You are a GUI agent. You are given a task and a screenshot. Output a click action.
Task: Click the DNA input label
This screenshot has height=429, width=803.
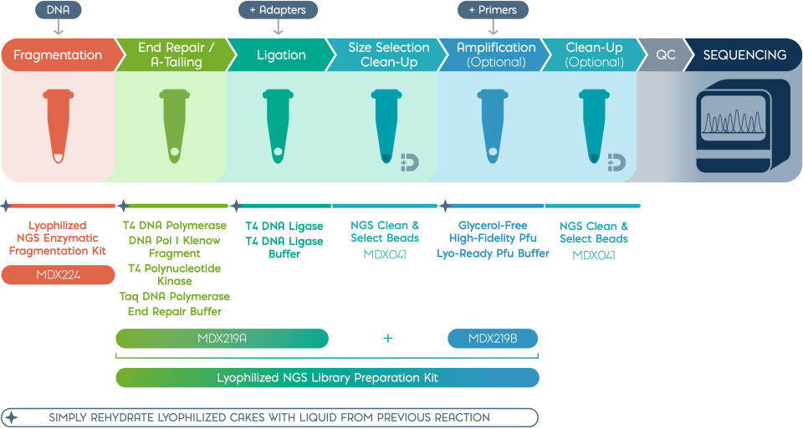pyautogui.click(x=58, y=10)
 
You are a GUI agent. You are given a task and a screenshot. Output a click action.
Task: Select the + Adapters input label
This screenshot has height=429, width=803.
pyautogui.click(x=278, y=10)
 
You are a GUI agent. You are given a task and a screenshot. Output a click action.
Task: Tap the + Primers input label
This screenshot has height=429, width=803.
pyautogui.click(x=493, y=10)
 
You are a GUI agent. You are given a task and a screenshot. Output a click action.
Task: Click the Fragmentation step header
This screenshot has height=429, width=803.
pyautogui.click(x=58, y=55)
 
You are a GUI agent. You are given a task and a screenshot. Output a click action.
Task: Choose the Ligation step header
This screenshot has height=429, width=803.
pyautogui.click(x=281, y=55)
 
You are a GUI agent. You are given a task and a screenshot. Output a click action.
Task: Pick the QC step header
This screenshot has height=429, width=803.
pyautogui.click(x=666, y=55)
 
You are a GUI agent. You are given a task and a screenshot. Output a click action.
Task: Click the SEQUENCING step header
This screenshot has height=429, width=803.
pyautogui.click(x=744, y=55)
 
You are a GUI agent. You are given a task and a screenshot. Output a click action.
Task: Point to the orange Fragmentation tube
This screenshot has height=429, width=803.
pyautogui.click(x=57, y=126)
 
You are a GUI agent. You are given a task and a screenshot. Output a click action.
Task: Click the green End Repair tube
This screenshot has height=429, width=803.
pyautogui.click(x=171, y=126)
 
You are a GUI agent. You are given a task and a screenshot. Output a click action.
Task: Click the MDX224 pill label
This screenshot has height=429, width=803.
pyautogui.click(x=58, y=275)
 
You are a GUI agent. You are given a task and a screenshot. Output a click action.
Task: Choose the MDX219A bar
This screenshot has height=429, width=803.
pyautogui.click(x=222, y=339)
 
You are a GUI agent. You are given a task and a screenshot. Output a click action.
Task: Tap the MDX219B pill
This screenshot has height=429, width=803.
pyautogui.click(x=492, y=339)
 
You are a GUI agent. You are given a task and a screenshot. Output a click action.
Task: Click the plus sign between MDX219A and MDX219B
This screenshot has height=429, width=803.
pyautogui.click(x=387, y=339)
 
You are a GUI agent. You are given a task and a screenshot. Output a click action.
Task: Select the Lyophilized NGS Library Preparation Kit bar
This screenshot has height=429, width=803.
pyautogui.click(x=327, y=378)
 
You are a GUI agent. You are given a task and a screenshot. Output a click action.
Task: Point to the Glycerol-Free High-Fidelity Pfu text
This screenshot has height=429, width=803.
pyautogui.click(x=493, y=232)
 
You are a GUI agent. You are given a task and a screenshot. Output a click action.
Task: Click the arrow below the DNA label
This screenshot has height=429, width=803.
pyautogui.click(x=58, y=28)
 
